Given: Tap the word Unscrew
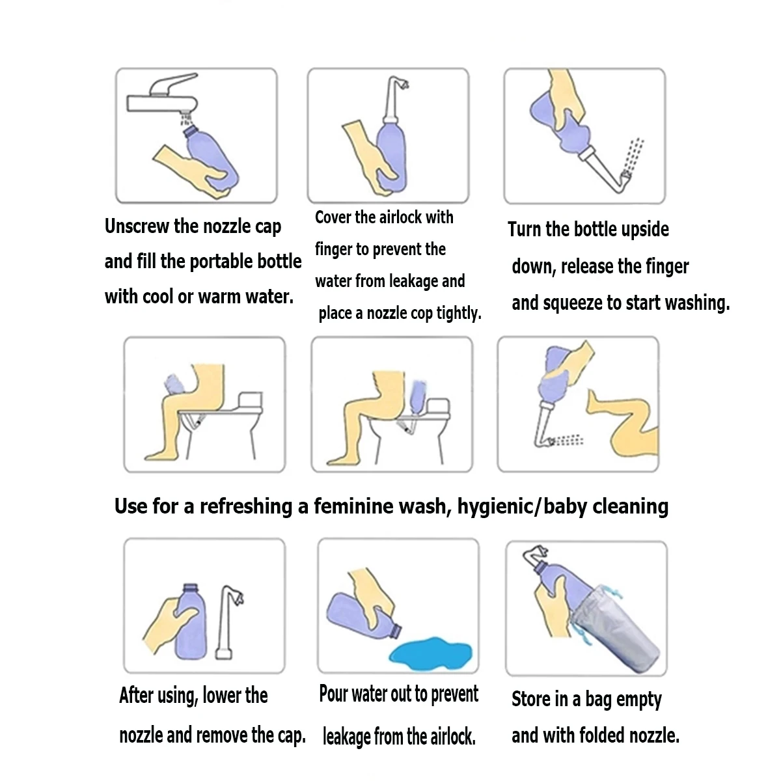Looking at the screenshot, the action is pyautogui.click(x=137, y=226).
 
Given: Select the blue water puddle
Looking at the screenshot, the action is pyautogui.click(x=430, y=653).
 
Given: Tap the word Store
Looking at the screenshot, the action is pyautogui.click(x=531, y=699).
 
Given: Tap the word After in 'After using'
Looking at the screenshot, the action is pyautogui.click(x=136, y=696).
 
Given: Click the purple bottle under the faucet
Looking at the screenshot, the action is pyautogui.click(x=211, y=159).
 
